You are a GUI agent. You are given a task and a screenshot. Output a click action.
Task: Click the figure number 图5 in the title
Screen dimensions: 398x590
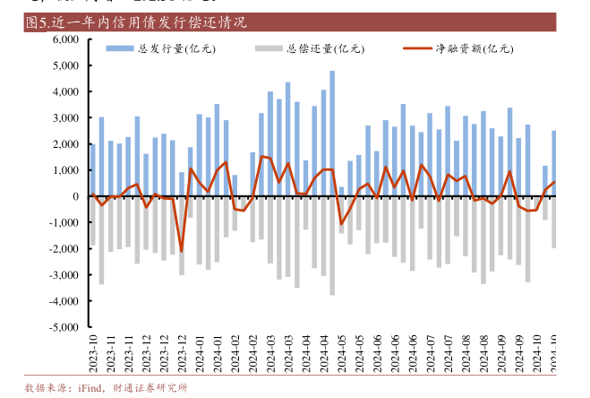pos(38,22)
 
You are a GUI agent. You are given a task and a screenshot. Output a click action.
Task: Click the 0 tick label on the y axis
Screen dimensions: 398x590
pos(76,196)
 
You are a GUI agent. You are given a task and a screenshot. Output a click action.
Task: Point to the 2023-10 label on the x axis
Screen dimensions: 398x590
pos(92,353)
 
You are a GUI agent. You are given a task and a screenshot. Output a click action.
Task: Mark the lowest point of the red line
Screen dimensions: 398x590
pos(181,252)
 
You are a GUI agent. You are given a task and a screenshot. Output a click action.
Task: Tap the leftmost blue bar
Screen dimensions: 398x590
pos(92,169)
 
